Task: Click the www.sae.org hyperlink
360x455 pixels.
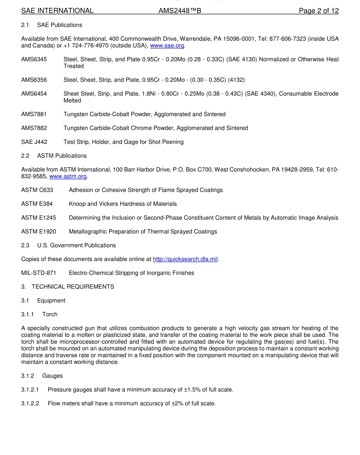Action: (x=167, y=46)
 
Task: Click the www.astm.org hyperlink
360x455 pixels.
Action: (x=68, y=176)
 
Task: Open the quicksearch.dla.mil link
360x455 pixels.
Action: (x=185, y=259)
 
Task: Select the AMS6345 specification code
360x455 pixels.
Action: (x=34, y=59)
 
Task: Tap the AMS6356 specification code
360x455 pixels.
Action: (x=34, y=80)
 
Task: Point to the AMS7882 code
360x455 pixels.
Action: (x=34, y=128)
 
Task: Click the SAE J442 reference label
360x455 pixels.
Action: (x=34, y=142)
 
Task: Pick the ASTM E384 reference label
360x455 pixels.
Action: (x=37, y=204)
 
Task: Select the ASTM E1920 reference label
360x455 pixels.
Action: (x=38, y=231)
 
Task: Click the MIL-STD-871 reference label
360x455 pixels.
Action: (x=39, y=273)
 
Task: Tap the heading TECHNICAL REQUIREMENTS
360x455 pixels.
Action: (x=73, y=287)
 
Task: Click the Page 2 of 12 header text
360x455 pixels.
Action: (x=318, y=11)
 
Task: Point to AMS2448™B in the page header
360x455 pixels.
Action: (x=180, y=11)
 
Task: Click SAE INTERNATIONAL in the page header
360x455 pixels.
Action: (x=57, y=11)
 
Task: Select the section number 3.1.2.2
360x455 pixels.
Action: (x=30, y=404)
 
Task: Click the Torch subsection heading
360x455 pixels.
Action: (x=50, y=314)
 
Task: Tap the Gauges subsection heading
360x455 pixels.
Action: (x=52, y=376)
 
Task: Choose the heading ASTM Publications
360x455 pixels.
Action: (x=62, y=156)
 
